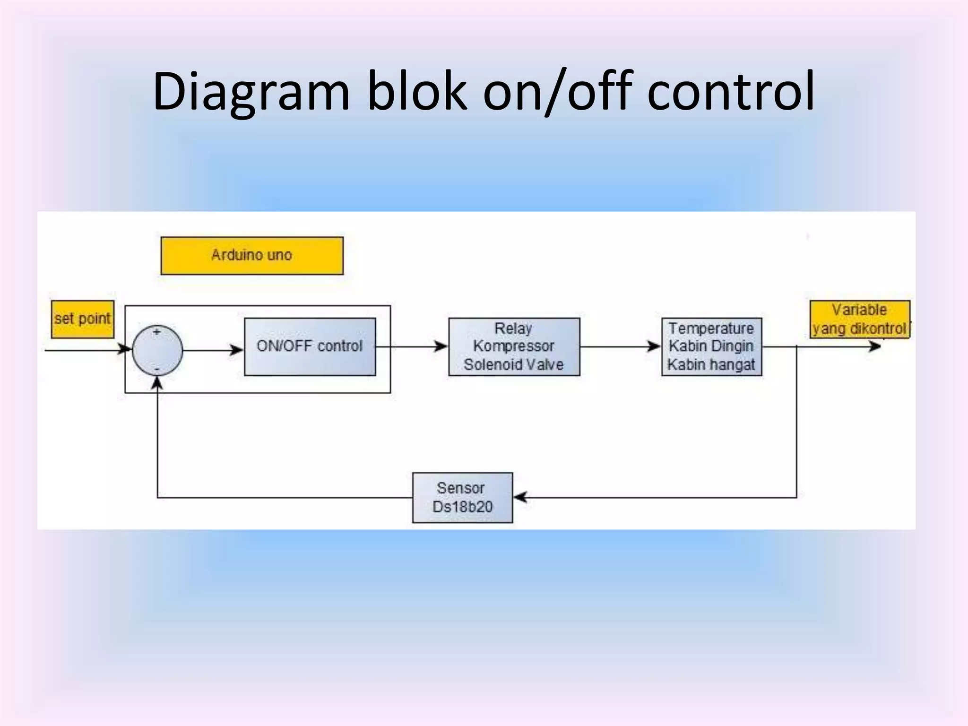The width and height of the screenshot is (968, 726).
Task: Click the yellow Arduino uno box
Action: click(x=252, y=256)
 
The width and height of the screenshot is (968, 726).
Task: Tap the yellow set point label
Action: click(x=83, y=320)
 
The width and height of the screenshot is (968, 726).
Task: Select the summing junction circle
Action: click(x=157, y=351)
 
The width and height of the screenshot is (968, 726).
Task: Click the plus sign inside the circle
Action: click(x=157, y=332)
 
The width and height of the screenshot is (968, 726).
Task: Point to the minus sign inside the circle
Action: click(x=157, y=369)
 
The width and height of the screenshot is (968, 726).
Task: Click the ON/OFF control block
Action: click(x=310, y=346)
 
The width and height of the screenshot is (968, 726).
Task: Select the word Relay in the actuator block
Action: click(x=513, y=328)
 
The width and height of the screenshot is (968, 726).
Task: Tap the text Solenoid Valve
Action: click(x=513, y=364)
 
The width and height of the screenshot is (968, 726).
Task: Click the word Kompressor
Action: click(x=513, y=346)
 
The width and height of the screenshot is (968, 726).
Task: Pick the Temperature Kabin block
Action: click(x=711, y=346)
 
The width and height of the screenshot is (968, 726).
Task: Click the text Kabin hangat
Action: click(x=711, y=364)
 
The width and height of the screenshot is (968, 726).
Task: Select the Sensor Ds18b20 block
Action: click(x=462, y=497)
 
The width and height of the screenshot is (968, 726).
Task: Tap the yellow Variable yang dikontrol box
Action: click(x=860, y=320)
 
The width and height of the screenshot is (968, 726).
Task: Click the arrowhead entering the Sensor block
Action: click(x=520, y=497)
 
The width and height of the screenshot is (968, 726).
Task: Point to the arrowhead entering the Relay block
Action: click(x=441, y=346)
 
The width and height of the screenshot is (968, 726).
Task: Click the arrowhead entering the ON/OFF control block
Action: click(x=236, y=350)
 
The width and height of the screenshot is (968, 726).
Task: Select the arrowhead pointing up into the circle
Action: click(x=157, y=383)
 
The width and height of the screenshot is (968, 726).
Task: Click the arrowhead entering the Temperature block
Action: click(x=654, y=346)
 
